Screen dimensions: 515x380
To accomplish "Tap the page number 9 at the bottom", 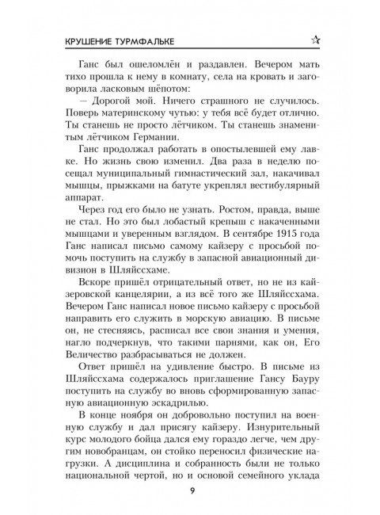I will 191,486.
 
